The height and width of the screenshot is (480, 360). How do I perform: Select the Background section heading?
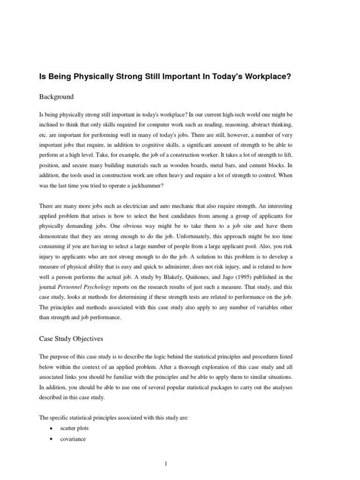pos(56,97)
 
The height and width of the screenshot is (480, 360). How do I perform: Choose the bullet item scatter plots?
pos(75,428)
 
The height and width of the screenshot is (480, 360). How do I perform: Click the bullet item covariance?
pos(73,439)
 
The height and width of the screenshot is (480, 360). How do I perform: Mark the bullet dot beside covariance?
pos(50,440)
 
